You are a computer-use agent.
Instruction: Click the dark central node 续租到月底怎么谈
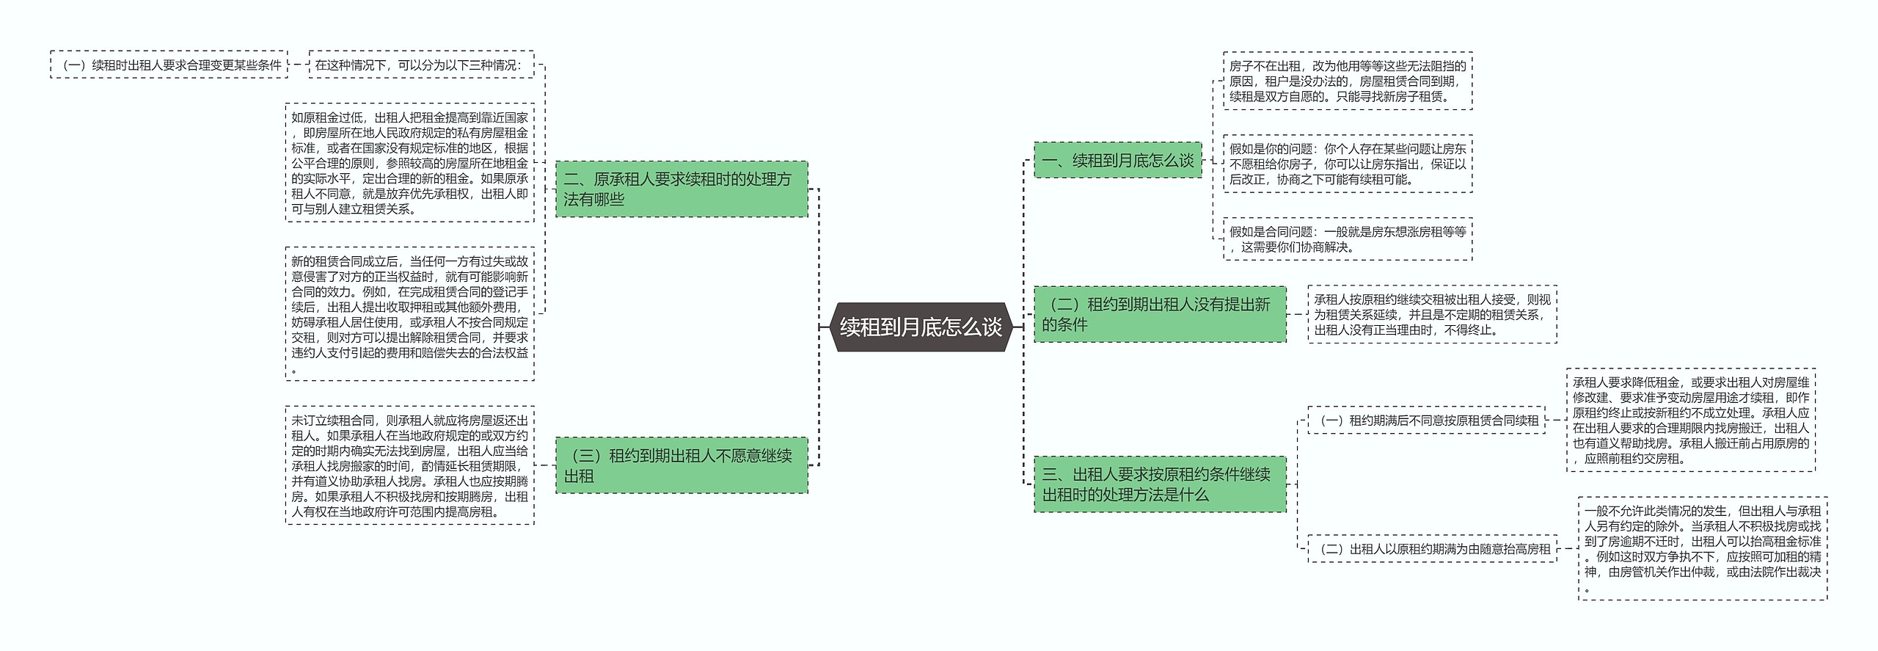[921, 327]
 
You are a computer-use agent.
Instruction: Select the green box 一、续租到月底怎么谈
[1117, 160]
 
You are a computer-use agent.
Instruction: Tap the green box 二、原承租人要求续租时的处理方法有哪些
[681, 189]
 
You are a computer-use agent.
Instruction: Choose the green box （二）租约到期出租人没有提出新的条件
[1159, 314]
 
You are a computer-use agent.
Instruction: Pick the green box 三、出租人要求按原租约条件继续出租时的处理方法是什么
[1159, 484]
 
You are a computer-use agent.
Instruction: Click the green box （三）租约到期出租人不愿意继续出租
[681, 465]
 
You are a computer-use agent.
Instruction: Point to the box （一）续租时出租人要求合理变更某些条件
[169, 65]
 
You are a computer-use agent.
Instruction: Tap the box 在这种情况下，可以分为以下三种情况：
[421, 65]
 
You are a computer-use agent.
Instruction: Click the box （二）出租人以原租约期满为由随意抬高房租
[1432, 549]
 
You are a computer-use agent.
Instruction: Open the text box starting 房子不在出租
[1348, 81]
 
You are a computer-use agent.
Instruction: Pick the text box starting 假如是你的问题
[1348, 164]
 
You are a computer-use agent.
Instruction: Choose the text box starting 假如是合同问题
[1348, 239]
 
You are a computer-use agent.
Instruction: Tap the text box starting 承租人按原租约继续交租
[1432, 314]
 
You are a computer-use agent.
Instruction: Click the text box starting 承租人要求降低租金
[1691, 420]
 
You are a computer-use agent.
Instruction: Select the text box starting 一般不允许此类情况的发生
[1703, 548]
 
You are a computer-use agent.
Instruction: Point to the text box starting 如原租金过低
[409, 163]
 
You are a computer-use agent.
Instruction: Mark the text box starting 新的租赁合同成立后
[409, 314]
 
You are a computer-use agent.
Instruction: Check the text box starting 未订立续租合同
[409, 465]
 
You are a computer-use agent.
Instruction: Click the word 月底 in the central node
[921, 327]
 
